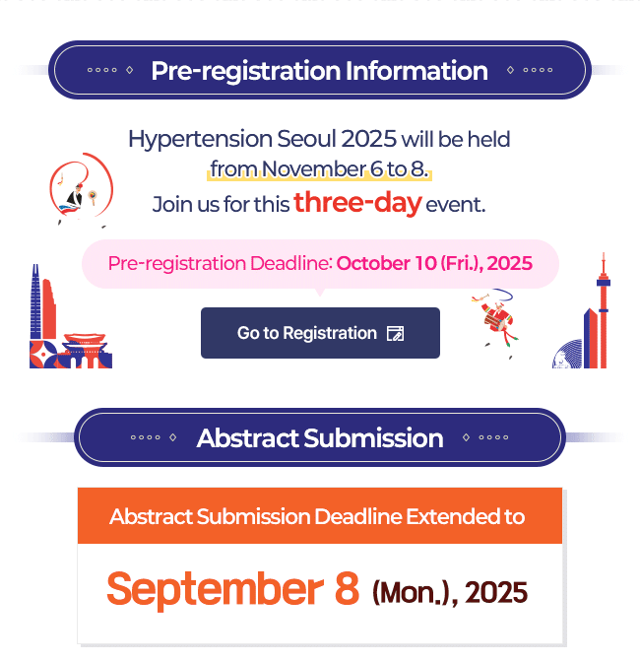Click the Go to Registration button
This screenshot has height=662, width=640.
pos(320,333)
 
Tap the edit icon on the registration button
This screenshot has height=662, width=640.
pos(395,333)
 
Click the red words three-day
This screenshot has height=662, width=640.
pos(357,203)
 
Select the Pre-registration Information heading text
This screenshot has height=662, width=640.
pos(319,70)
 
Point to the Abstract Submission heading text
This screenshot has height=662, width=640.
pos(320,437)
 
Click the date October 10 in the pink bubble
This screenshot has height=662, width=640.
pos(386,263)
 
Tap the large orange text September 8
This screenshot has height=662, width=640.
pos(233,589)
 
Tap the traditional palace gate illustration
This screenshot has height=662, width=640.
pos(86,351)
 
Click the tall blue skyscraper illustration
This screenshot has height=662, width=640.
pos(36,301)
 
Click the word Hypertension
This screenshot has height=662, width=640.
pos(201,139)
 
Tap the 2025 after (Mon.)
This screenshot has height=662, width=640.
pos(496,592)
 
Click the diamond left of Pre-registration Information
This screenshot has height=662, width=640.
pos(130,70)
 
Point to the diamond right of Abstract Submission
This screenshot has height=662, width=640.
pos(466,437)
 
